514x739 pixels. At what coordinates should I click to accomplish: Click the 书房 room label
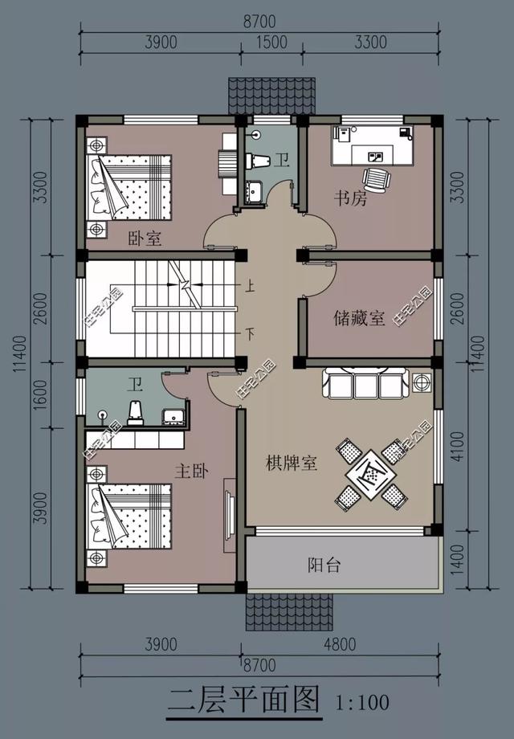point(351,198)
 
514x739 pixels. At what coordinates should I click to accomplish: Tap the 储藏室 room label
point(361,319)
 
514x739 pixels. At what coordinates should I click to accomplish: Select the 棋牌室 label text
point(292,463)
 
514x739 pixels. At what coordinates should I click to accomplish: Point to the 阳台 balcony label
point(324,565)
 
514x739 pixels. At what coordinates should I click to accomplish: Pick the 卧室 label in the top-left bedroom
point(145,239)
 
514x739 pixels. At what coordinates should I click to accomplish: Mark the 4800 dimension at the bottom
point(340,644)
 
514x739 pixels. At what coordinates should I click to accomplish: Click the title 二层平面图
point(243,700)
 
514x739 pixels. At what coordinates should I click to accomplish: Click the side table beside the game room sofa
point(421,382)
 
